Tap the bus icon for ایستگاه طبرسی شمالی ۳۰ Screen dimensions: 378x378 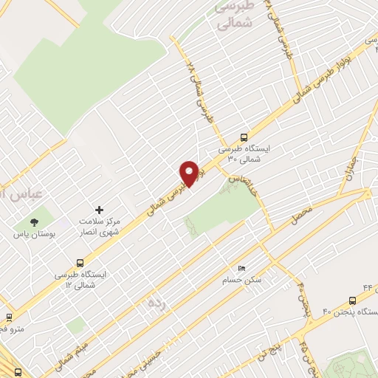[x=244, y=137]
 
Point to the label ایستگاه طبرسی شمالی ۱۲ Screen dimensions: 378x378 [x=81, y=279]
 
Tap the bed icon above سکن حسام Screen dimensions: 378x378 [x=241, y=268]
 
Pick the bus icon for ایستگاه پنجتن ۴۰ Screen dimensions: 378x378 [x=351, y=300]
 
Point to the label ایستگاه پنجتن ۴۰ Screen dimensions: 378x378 [x=349, y=313]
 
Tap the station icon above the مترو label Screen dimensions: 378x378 [x=9, y=316]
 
